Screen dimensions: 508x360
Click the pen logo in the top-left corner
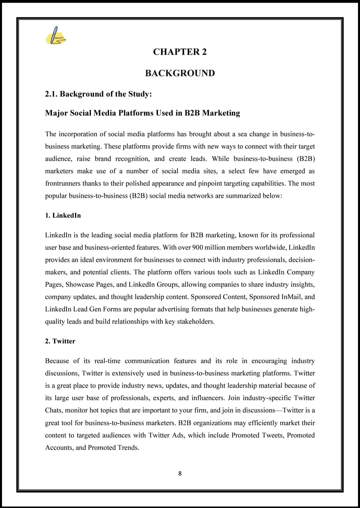tap(56, 36)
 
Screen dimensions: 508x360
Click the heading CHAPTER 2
tap(180, 52)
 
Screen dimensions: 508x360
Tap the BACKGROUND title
tap(180, 73)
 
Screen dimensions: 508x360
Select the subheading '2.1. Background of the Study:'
tap(98, 94)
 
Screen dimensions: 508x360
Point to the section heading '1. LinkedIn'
tap(63, 215)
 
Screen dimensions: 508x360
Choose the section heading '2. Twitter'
tap(60, 341)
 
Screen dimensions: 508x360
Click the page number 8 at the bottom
tap(180, 473)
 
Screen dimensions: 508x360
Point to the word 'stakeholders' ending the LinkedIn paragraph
tap(195, 322)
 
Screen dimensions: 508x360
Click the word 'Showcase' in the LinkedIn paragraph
tap(80, 285)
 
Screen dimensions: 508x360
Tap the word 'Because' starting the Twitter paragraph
tap(57, 361)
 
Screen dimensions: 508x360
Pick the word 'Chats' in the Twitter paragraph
tap(54, 410)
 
